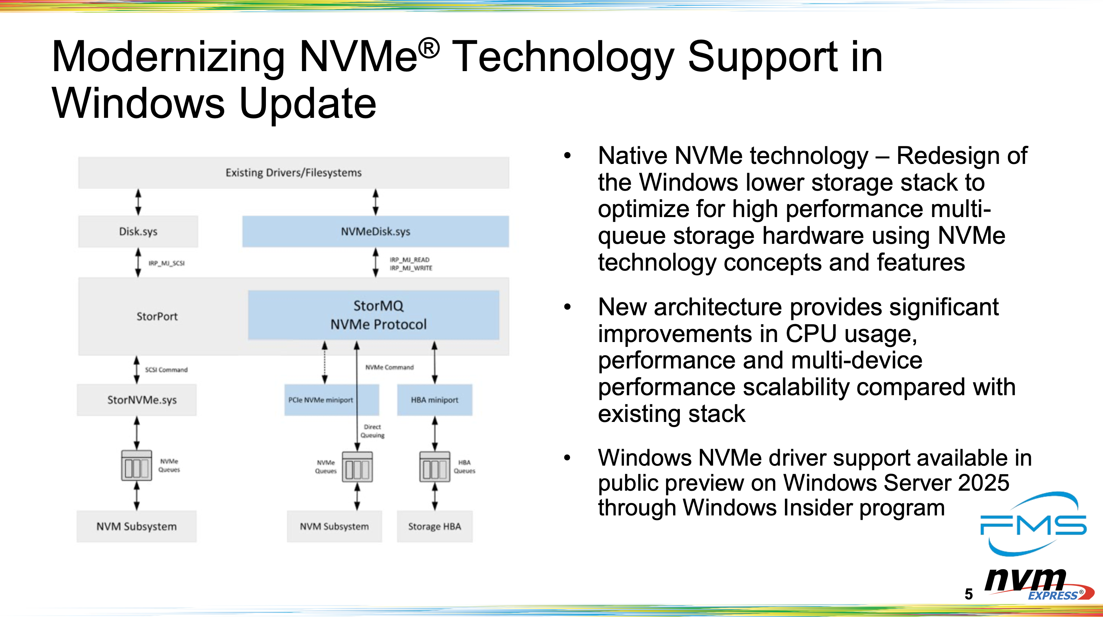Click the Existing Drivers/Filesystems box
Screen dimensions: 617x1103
pyautogui.click(x=293, y=173)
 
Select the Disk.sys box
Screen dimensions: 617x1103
pyautogui.click(x=138, y=231)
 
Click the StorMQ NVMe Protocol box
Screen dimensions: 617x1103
pyautogui.click(x=373, y=315)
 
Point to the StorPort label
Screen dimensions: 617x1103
pyautogui.click(x=157, y=316)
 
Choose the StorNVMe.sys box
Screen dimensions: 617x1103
pyautogui.click(x=137, y=400)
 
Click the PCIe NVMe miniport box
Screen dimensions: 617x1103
pyautogui.click(x=320, y=400)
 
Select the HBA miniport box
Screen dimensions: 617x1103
pyautogui.click(x=434, y=400)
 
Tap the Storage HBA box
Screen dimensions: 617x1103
pyautogui.click(x=434, y=526)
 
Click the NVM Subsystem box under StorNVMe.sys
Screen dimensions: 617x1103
pyautogui.click(x=136, y=526)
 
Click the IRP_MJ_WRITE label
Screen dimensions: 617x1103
pyautogui.click(x=411, y=268)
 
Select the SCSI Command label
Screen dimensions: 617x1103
pyautogui.click(x=166, y=369)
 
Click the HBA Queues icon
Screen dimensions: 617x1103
pyautogui.click(x=435, y=467)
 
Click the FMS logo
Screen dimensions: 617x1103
pyautogui.click(x=1033, y=524)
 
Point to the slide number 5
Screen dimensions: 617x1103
pyautogui.click(x=969, y=594)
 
